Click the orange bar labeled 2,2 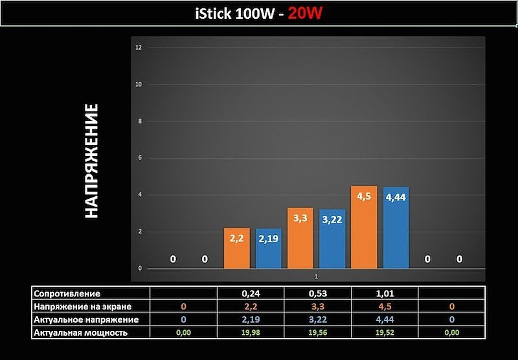click(236, 249)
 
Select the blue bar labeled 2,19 click(269, 249)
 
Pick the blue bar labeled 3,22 click(332, 240)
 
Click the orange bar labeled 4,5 click(364, 227)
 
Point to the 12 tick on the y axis click(139, 48)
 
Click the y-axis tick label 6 click(139, 158)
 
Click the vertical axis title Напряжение click(91, 161)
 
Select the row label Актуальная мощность click(80, 332)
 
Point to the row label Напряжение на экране click(82, 306)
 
